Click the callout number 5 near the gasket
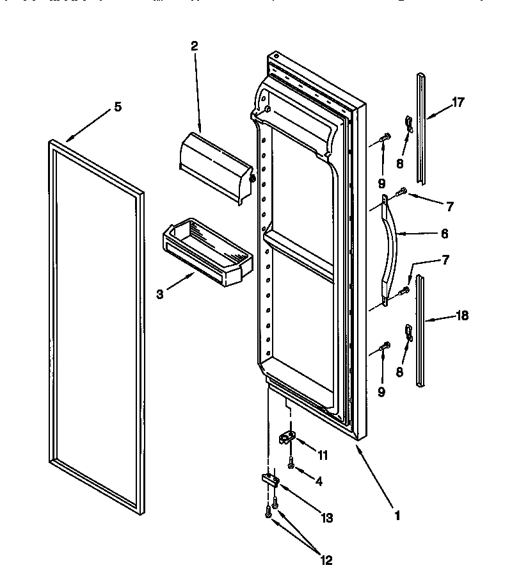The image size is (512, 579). (x=117, y=108)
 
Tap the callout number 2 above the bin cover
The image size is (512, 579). (x=194, y=45)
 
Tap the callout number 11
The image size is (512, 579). (x=323, y=456)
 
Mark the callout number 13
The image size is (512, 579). (x=328, y=518)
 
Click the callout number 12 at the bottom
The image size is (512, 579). (x=326, y=560)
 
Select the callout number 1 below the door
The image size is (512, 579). (x=397, y=514)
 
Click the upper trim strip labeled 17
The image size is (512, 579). (x=421, y=128)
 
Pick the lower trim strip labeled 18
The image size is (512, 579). (x=421, y=330)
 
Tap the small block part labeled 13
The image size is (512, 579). (x=269, y=479)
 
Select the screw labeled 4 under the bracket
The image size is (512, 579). (x=291, y=466)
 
